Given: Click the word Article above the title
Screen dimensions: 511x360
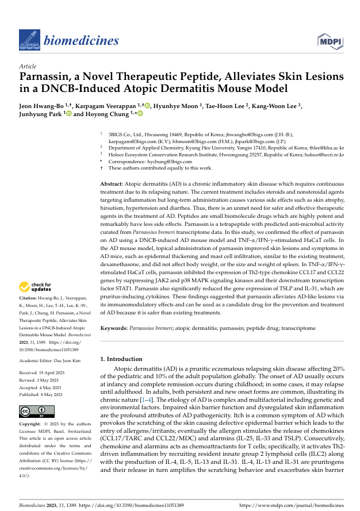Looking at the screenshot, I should pos(28,67).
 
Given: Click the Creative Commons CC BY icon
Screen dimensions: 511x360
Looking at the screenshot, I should pos(37,412).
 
